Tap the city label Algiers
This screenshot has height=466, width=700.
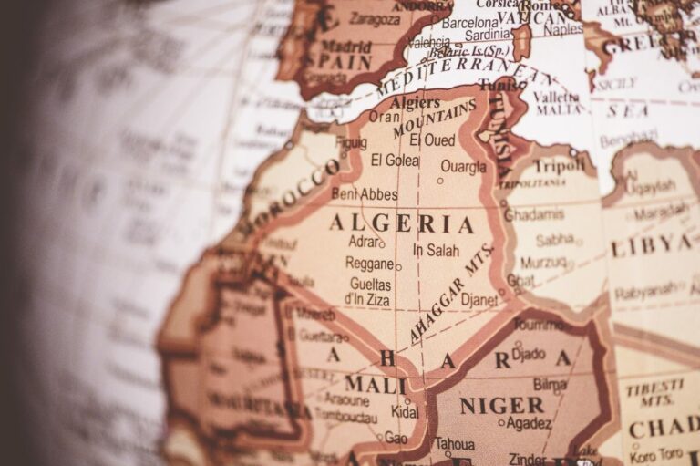click(x=415, y=102)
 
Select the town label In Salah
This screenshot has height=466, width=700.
click(x=437, y=250)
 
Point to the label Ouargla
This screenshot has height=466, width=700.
click(x=463, y=167)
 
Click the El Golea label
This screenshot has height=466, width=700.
click(x=395, y=161)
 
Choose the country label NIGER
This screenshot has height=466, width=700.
click(x=501, y=406)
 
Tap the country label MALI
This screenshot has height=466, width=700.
click(x=375, y=385)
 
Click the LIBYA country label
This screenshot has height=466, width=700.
click(x=651, y=245)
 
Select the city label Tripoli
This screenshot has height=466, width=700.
click(x=559, y=166)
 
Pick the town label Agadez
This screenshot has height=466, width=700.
click(x=528, y=423)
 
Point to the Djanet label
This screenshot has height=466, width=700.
click(x=479, y=299)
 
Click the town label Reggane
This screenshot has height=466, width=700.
click(x=369, y=263)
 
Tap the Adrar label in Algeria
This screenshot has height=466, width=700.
click(x=364, y=242)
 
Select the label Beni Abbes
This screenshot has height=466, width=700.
click(x=363, y=193)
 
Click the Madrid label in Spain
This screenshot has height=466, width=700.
click(x=346, y=46)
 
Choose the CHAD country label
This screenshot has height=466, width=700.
click(x=663, y=429)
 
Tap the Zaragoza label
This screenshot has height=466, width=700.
click(x=375, y=18)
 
